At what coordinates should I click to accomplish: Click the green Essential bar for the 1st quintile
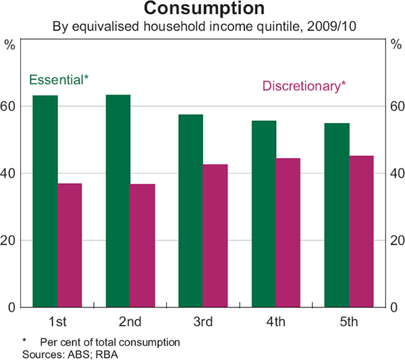click(x=45, y=201)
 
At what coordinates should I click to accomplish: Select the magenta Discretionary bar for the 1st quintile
click(x=69, y=245)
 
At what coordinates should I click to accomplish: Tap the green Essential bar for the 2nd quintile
click(x=118, y=201)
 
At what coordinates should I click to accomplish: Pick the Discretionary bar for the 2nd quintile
click(x=142, y=246)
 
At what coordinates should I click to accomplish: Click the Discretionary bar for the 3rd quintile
click(x=216, y=236)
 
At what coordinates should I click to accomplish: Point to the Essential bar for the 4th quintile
click(x=264, y=214)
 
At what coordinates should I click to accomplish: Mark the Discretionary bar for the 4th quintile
click(x=288, y=233)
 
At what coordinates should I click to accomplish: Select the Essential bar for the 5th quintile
click(x=337, y=215)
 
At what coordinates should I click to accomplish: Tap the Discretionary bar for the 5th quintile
click(x=361, y=232)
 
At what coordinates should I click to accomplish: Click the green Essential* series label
click(x=59, y=79)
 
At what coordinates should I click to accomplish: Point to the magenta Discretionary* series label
click(x=304, y=86)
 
